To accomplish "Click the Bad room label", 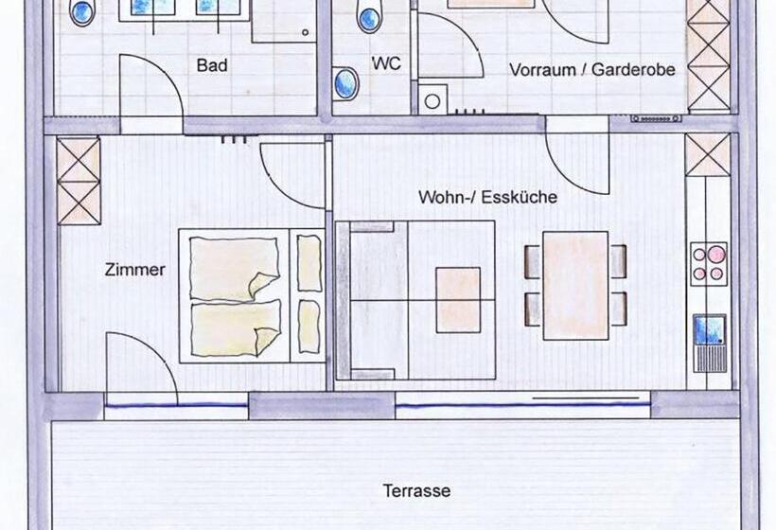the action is pos(212,64).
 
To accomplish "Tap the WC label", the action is pos(386,63).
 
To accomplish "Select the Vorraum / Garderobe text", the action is pos(592,69).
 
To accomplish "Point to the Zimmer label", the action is pos(134,270).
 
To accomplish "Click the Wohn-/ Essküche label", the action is pos(488,197).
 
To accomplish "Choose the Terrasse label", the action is pos(416,491).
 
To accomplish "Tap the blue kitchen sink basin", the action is pos(709,329).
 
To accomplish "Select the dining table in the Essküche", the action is pos(575,286).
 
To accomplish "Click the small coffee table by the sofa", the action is pos(458,300).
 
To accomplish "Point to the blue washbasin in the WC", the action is pos(346,83).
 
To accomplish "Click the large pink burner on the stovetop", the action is pos(715,254).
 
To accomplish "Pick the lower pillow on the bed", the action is pos(309,326).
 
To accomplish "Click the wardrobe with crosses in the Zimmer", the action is pos(79,181).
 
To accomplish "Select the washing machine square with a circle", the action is pos(432,100).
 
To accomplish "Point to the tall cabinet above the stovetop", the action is pos(708,154).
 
